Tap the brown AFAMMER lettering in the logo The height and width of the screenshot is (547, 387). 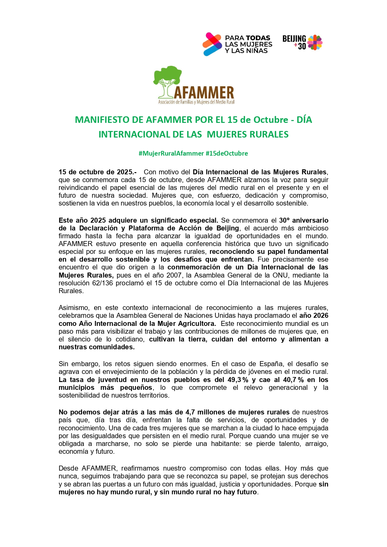(x=204, y=93)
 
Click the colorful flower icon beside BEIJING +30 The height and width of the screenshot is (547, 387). (x=315, y=42)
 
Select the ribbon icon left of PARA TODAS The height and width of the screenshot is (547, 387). (x=212, y=44)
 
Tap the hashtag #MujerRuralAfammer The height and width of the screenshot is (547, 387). (x=171, y=153)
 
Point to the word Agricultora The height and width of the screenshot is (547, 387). (x=197, y=323)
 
